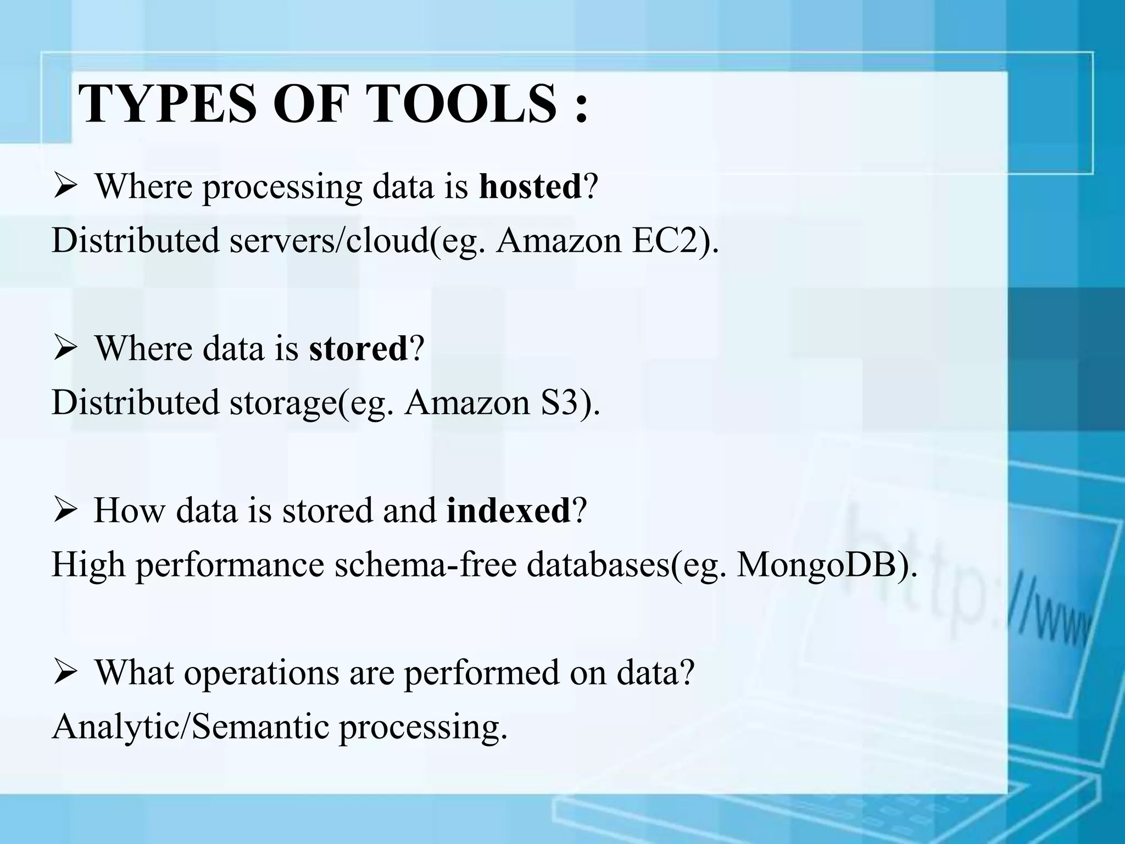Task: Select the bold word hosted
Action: pyautogui.click(x=530, y=187)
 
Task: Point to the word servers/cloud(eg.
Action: pyautogui.click(x=358, y=240)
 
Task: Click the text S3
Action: pyautogui.click(x=561, y=402)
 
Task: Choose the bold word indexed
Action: pyautogui.click(x=508, y=510)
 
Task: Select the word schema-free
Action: pyautogui.click(x=425, y=564)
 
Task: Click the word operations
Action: pyautogui.click(x=261, y=672)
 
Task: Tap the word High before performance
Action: pyautogui.click(x=88, y=564)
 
